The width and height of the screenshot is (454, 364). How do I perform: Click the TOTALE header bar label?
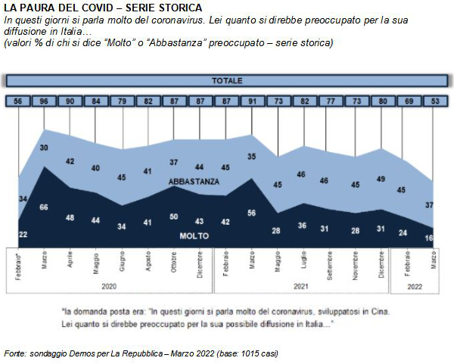click(227, 79)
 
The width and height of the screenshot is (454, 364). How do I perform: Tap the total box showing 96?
click(44, 101)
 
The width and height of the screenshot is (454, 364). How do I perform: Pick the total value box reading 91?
click(251, 101)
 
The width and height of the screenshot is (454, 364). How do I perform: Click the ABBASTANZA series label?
click(194, 182)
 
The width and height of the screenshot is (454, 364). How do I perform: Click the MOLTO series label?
click(194, 236)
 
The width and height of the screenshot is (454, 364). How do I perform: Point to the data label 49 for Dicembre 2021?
click(382, 179)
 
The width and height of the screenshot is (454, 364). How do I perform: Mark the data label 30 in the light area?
click(44, 148)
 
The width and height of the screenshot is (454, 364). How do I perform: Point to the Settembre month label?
click(330, 264)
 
